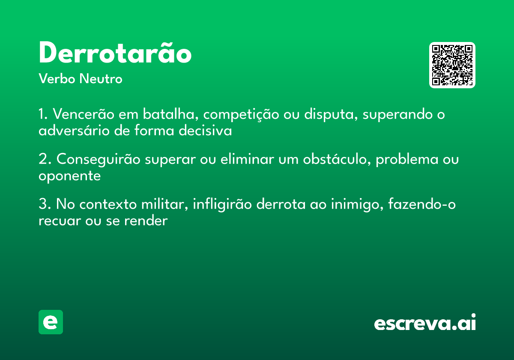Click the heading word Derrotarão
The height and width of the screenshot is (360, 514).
click(x=115, y=54)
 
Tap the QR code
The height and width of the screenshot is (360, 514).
click(x=452, y=65)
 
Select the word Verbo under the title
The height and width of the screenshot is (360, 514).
click(x=57, y=79)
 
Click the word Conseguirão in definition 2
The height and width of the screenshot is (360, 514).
click(x=99, y=160)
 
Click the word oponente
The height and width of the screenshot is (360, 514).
click(x=69, y=176)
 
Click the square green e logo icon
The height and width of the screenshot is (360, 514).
click(x=51, y=322)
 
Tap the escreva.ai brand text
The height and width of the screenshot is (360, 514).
click(x=425, y=323)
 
